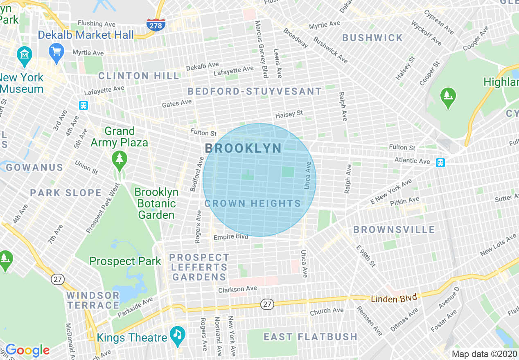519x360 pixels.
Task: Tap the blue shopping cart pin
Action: click(56, 52)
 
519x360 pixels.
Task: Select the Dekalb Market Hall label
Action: click(86, 35)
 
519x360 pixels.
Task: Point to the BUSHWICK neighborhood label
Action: click(372, 38)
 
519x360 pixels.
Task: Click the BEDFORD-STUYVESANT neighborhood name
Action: click(255, 91)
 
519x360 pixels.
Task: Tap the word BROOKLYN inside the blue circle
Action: click(243, 148)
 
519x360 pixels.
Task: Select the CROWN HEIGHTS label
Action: click(253, 203)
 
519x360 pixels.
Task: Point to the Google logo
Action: click(27, 350)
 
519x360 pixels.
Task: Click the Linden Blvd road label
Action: click(394, 298)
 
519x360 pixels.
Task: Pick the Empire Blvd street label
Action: click(231, 237)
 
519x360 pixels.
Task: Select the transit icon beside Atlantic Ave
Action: click(440, 162)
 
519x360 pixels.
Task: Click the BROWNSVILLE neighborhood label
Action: click(394, 229)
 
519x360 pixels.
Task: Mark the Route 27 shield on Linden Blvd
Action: click(267, 304)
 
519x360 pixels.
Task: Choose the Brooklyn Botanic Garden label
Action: click(156, 203)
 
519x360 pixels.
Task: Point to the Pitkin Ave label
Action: click(404, 201)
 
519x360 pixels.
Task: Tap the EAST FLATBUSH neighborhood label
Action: click(310, 337)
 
